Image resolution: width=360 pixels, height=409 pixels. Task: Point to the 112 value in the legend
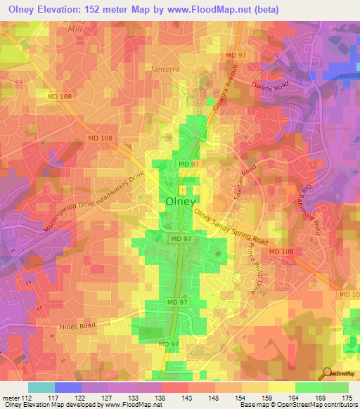(x=26, y=398)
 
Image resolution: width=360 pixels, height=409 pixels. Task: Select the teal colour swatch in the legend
(x=41, y=387)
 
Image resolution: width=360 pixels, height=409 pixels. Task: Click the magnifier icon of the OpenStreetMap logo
(x=327, y=373)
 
